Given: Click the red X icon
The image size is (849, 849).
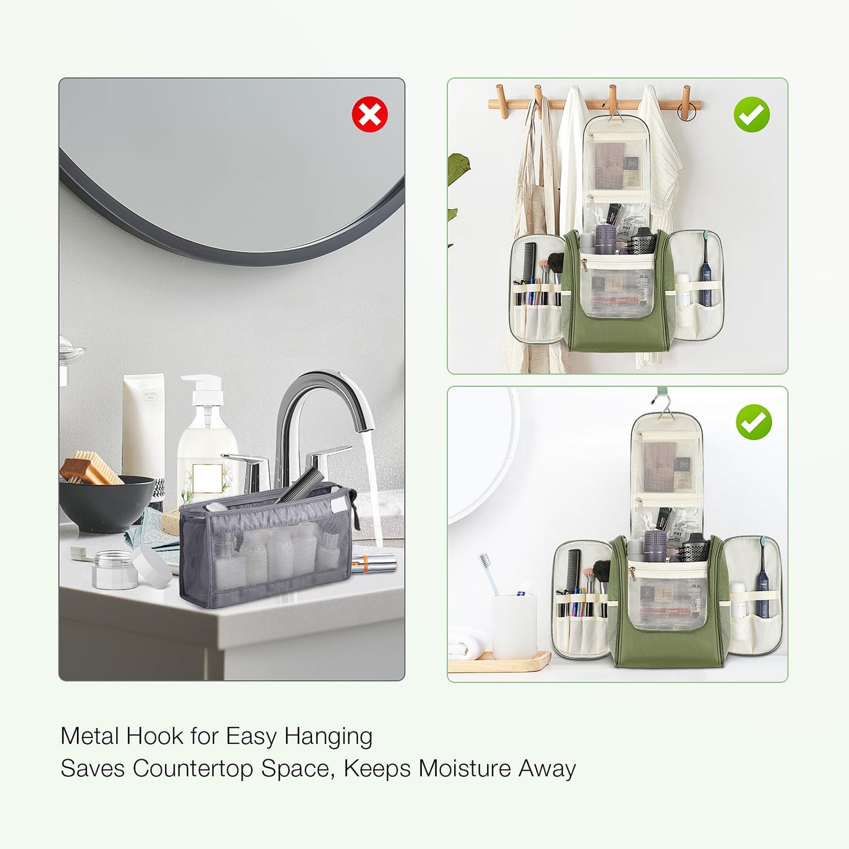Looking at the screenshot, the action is click(370, 114).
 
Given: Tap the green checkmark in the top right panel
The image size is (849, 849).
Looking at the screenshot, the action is click(751, 115).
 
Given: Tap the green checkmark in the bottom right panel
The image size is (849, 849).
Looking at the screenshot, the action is click(754, 422).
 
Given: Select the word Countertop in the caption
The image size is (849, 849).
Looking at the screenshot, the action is click(192, 769).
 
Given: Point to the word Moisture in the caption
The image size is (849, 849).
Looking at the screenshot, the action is click(464, 769).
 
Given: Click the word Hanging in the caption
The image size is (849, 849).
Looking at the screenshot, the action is click(328, 737).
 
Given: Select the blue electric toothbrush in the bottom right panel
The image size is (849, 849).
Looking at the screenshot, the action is click(763, 578).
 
